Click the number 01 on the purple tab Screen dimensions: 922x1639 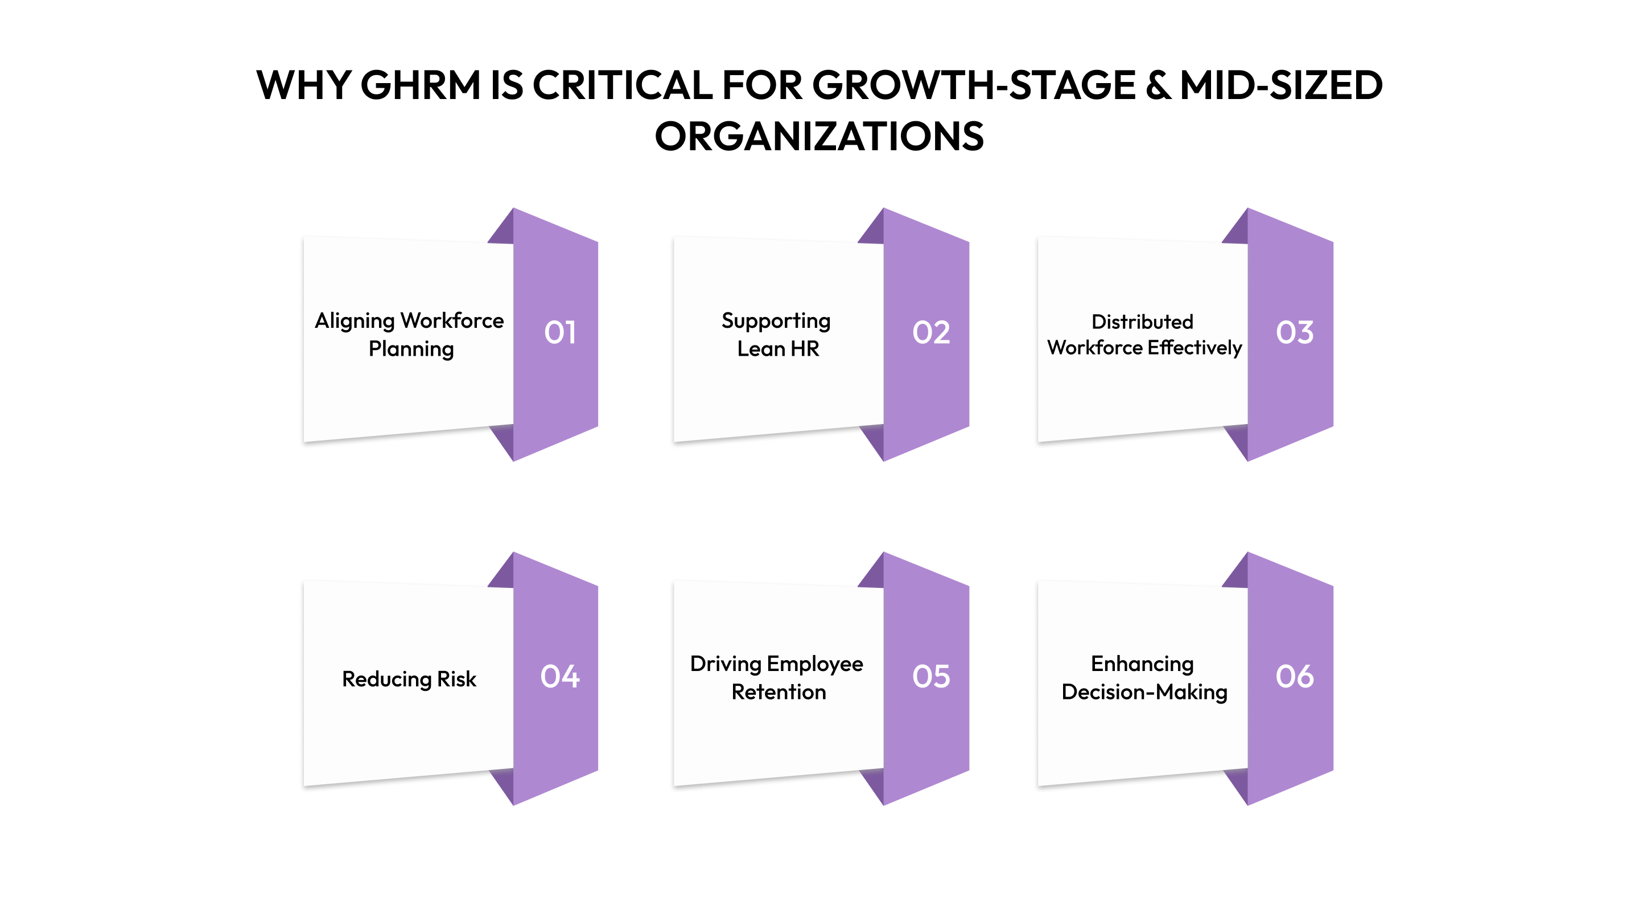[560, 332]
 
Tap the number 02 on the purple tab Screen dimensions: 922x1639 [931, 332]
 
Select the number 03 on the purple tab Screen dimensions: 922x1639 [1294, 332]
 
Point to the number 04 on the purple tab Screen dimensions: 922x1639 [560, 676]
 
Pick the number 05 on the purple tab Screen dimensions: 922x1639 [931, 676]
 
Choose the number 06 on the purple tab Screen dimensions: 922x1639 [1294, 676]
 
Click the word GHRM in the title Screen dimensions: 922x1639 [421, 85]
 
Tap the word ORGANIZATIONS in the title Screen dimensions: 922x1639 [819, 136]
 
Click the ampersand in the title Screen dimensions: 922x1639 [1158, 85]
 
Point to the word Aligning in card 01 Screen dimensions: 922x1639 [355, 320]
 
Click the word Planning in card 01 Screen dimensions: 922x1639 [411, 349]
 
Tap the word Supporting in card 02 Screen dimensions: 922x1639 [776, 320]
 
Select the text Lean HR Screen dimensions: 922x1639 [777, 349]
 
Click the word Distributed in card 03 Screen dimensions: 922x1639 [1142, 322]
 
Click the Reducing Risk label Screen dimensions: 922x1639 [409, 679]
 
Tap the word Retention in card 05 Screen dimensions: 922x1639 [778, 691]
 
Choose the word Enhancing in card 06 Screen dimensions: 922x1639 [1142, 664]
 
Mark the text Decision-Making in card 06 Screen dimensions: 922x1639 [1144, 691]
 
